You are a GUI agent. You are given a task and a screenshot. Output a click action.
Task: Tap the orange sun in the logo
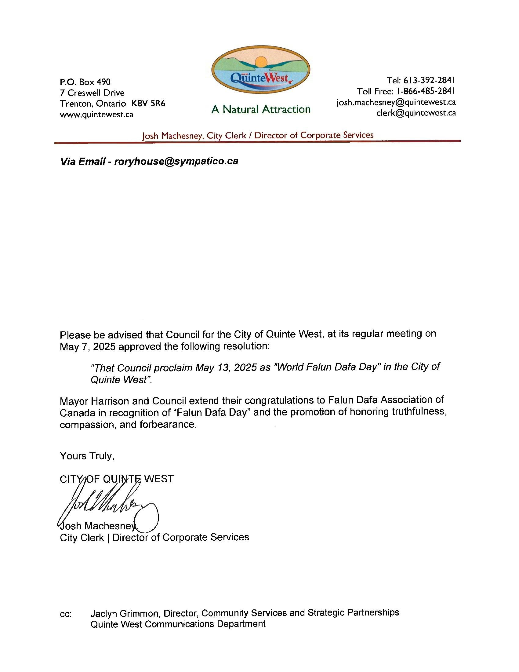click(x=261, y=61)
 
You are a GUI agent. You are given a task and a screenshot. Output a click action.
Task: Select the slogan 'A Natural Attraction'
click(x=261, y=109)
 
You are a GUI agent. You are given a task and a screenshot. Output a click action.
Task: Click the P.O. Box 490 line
click(x=85, y=82)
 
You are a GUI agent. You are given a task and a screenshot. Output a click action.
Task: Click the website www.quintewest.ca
click(x=96, y=115)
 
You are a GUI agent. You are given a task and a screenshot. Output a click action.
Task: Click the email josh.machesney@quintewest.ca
click(x=396, y=102)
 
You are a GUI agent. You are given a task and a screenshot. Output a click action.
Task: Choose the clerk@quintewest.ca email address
click(x=416, y=113)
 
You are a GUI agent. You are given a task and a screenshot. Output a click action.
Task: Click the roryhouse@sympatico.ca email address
click(x=176, y=161)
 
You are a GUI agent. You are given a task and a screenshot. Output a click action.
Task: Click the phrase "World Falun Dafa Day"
click(x=327, y=367)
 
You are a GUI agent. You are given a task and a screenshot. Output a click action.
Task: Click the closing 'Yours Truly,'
click(x=87, y=456)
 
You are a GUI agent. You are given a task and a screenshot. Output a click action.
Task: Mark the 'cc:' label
click(x=66, y=615)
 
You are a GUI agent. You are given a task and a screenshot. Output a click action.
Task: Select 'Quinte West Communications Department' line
click(x=178, y=624)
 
